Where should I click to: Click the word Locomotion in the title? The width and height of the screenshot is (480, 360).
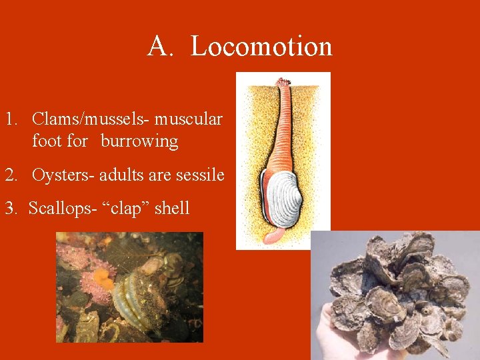(x=261, y=46)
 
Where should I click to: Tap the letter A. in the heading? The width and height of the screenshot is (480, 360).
(x=161, y=46)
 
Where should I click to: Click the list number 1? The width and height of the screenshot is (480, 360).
(x=11, y=119)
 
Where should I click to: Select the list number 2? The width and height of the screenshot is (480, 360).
(x=11, y=175)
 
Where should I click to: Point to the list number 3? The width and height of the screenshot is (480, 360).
(x=11, y=208)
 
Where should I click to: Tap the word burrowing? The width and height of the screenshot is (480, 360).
(x=139, y=141)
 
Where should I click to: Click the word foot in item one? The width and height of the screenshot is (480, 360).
(x=45, y=141)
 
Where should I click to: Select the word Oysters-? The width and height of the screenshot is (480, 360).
(x=63, y=175)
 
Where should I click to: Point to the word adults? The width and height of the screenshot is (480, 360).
(x=122, y=175)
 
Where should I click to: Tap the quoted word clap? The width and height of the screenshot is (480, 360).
(x=129, y=209)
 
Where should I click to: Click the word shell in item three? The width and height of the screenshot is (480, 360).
(x=172, y=208)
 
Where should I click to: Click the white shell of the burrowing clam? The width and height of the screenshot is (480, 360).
(x=282, y=198)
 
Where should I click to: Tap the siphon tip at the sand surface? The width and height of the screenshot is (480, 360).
(x=283, y=83)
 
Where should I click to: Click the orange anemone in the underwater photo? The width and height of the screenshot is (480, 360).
(x=103, y=278)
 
